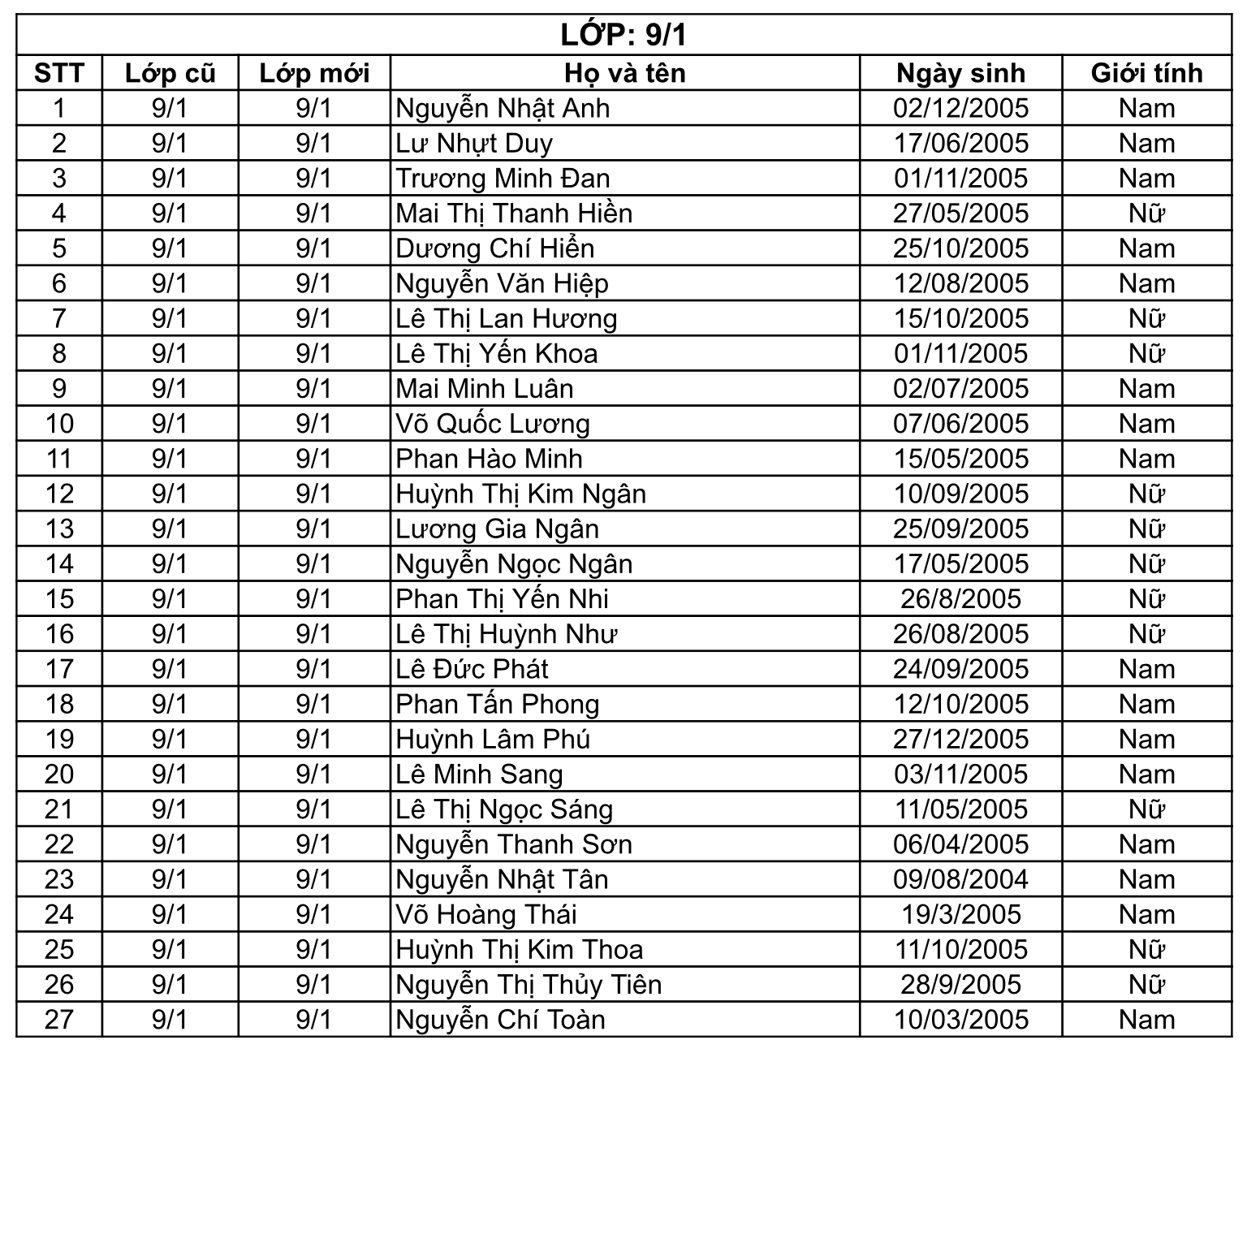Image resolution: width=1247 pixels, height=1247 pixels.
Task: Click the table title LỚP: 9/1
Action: [x=623, y=35]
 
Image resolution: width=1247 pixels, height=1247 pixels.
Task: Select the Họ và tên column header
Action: [x=624, y=73]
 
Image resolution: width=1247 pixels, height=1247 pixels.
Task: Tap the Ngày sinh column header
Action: [x=960, y=73]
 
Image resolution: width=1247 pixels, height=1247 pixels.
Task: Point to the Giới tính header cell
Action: [x=1146, y=73]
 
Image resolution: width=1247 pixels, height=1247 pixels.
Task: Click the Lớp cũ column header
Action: [x=170, y=73]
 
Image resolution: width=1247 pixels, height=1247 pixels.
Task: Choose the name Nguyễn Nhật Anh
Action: [x=503, y=108]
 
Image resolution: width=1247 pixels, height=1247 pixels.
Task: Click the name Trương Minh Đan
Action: [x=503, y=179]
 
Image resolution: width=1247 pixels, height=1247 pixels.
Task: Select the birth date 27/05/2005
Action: [x=960, y=214]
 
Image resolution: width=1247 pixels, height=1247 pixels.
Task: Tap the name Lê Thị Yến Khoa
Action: [x=497, y=354]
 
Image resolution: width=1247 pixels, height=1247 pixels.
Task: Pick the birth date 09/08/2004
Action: [x=960, y=879]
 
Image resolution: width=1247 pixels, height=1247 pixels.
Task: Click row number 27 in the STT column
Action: [x=59, y=1020]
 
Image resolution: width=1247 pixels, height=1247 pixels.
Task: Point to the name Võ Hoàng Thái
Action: [x=486, y=915]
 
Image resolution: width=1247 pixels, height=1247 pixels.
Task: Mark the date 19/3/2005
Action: [x=960, y=915]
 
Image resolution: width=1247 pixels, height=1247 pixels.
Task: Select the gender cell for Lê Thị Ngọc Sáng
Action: [x=1146, y=809]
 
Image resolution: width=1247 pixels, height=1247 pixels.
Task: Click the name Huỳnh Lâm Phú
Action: [x=493, y=740]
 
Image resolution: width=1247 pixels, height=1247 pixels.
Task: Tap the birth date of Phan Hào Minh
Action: [x=960, y=459]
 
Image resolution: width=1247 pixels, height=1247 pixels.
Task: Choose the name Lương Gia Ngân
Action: [x=498, y=529]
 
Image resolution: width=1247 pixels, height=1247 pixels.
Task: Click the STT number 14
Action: [x=59, y=564]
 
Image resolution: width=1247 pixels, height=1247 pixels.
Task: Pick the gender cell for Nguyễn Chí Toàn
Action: [x=1146, y=1020]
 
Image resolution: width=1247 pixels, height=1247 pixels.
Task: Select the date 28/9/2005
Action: [x=960, y=985]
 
